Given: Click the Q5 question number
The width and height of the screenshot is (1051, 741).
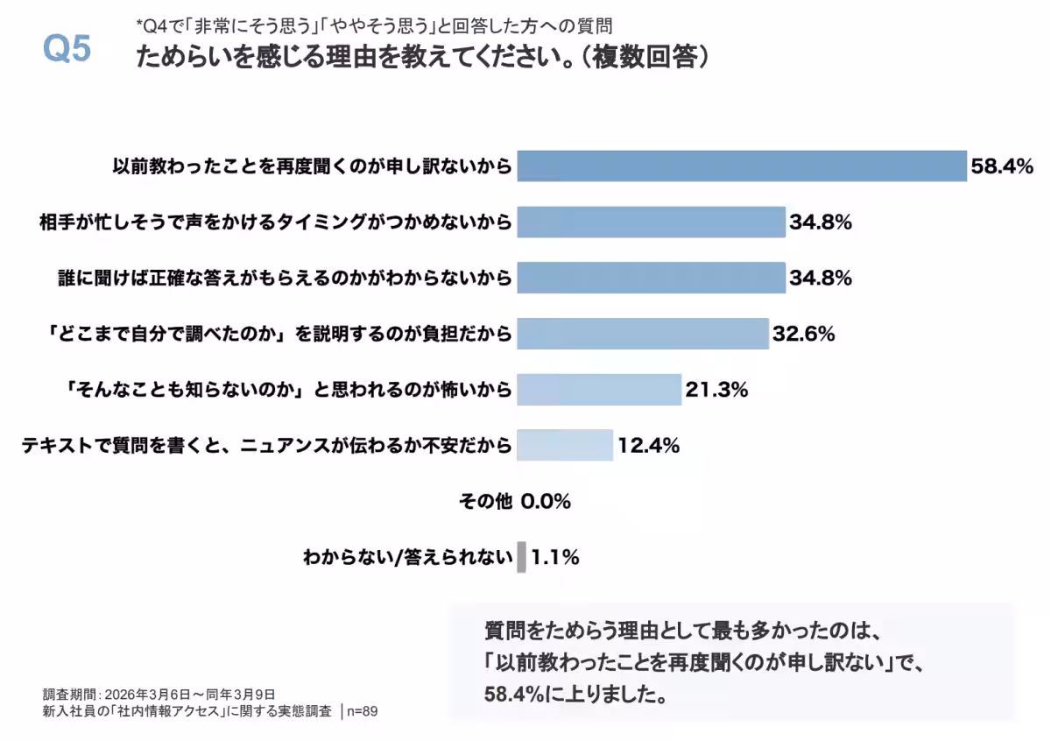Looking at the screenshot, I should [x=67, y=50].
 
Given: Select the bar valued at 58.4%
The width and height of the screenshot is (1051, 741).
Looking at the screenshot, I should [x=741, y=166].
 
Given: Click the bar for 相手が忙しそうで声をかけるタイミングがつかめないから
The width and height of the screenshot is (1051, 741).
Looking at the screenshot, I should [x=651, y=222].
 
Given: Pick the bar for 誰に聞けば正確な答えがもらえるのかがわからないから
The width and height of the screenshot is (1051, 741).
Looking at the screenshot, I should [x=651, y=279].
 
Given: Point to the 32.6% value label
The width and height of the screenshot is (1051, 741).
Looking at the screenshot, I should [x=803, y=334].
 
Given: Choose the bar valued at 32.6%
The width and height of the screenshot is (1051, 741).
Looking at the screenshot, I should [x=642, y=334].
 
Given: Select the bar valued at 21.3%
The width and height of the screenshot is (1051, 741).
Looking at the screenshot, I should [x=598, y=390].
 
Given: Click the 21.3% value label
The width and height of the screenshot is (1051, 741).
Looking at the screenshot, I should [x=716, y=390].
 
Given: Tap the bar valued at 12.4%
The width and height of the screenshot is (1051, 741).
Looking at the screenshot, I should [x=564, y=445].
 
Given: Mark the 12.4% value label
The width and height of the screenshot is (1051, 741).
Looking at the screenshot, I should [x=649, y=446].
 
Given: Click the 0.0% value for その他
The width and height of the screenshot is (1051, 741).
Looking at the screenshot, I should [x=546, y=502].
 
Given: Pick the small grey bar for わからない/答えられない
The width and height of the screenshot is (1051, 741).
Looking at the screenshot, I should [x=522, y=557].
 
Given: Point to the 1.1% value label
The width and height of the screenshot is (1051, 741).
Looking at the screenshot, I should [x=555, y=557].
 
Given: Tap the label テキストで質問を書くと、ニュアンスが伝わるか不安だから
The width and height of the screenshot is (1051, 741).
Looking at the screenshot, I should [x=266, y=446].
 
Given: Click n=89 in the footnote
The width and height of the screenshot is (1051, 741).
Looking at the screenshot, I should [x=363, y=711].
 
